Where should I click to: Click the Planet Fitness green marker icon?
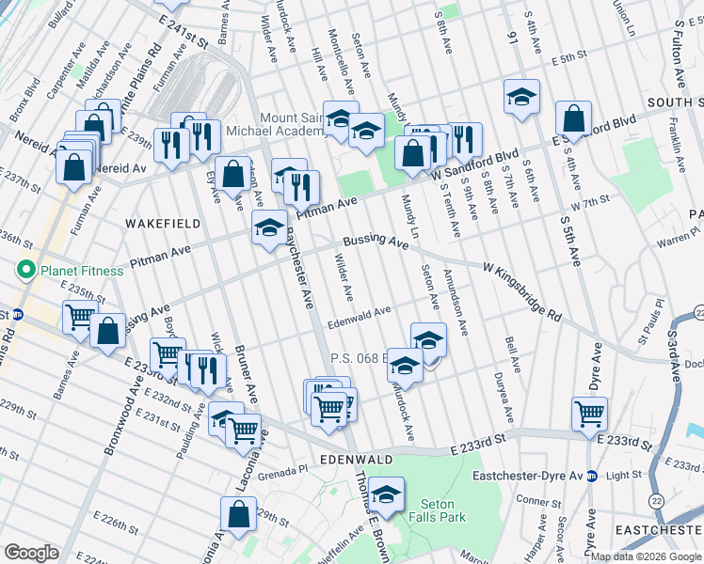pyautogui.click(x=26, y=271)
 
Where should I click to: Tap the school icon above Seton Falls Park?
pyautogui.click(x=386, y=492)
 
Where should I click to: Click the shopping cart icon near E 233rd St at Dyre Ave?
pyautogui.click(x=589, y=412)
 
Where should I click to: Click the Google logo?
pyautogui.click(x=31, y=553)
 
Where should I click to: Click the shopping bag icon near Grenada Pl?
pyautogui.click(x=238, y=512)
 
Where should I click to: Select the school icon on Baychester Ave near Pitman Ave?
pyautogui.click(x=270, y=226)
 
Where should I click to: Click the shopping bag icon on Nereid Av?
pyautogui.click(x=74, y=166)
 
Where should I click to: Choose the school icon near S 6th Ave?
pyautogui.click(x=521, y=96)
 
